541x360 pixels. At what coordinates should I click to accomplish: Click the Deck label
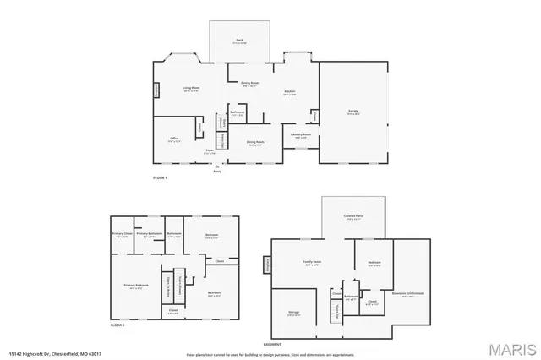tap(240, 41)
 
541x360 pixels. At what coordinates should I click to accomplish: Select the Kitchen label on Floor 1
tap(289, 91)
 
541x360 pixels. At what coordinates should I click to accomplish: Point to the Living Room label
tap(191, 88)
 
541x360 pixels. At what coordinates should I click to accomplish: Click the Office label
tap(173, 138)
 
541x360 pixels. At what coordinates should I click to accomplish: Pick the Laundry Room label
tap(301, 134)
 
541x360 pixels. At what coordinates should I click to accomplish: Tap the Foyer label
tap(208, 150)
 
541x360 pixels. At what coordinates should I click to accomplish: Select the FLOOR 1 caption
tap(161, 178)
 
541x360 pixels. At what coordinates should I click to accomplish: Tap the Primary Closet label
tap(122, 233)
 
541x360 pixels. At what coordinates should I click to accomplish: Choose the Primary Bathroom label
tap(149, 233)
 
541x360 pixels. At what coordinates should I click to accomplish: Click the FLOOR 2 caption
tap(117, 325)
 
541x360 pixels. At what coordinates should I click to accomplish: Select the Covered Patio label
tap(353, 216)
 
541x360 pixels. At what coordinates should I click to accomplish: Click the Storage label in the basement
tap(293, 312)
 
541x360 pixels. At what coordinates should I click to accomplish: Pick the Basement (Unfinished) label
tap(407, 294)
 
